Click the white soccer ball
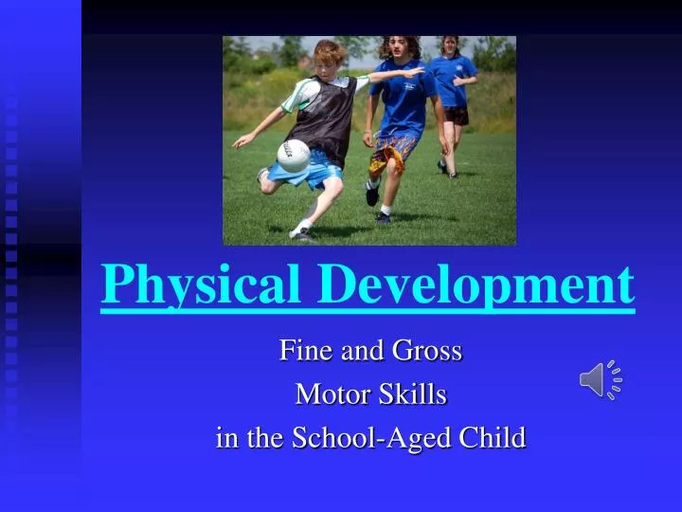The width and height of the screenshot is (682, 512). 294,155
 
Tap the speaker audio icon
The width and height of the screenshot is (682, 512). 601,380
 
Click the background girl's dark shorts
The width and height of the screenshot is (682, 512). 457,115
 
